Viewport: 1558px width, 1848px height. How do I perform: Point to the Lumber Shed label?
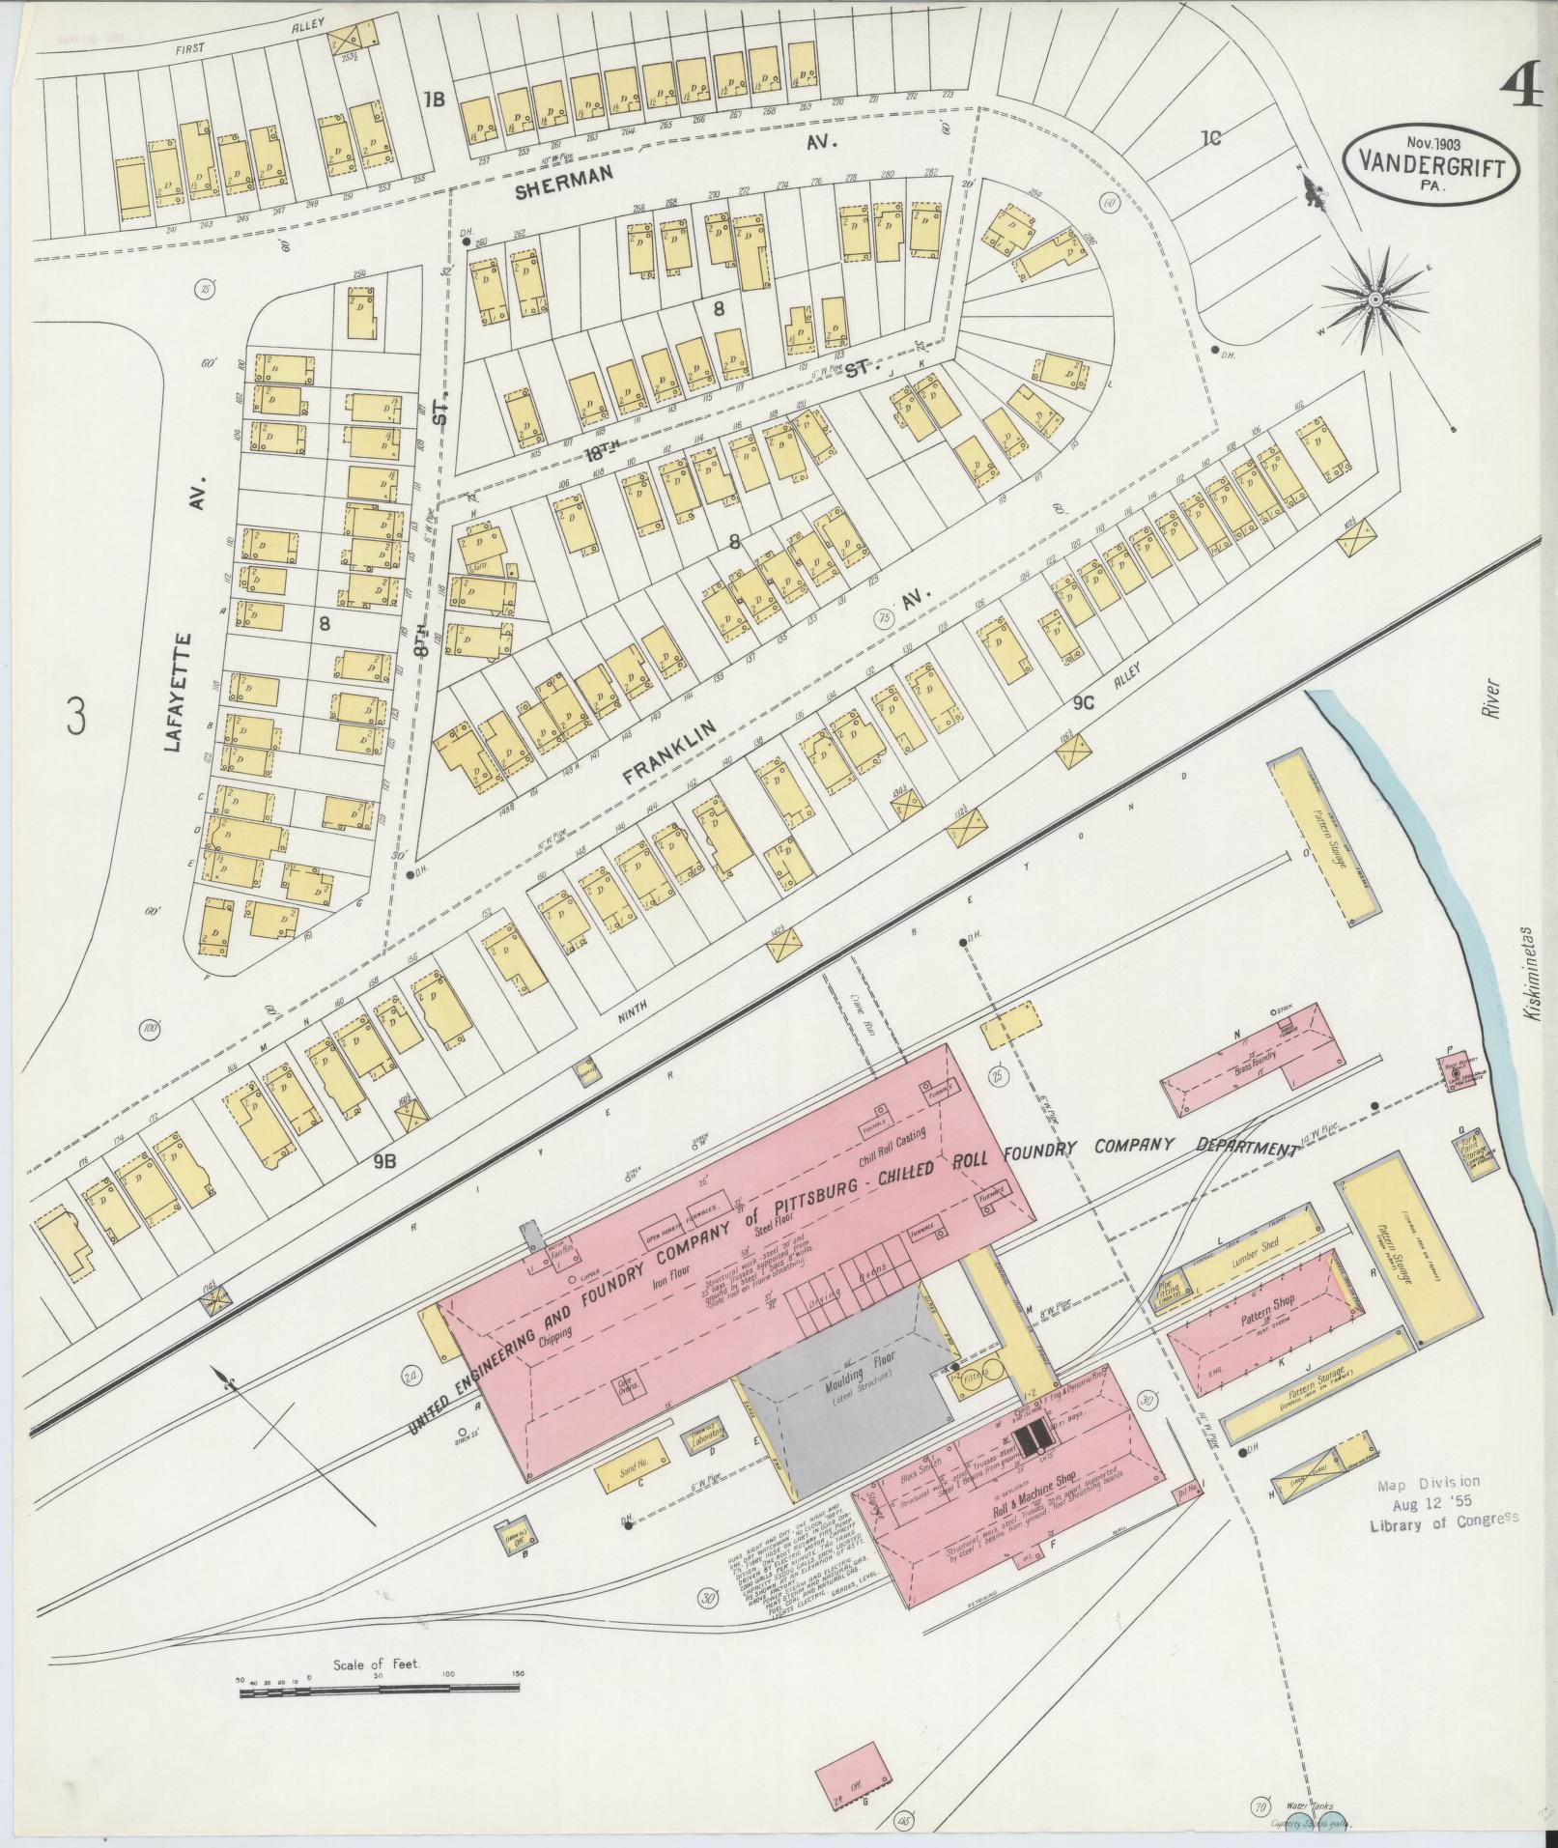1256,1246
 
